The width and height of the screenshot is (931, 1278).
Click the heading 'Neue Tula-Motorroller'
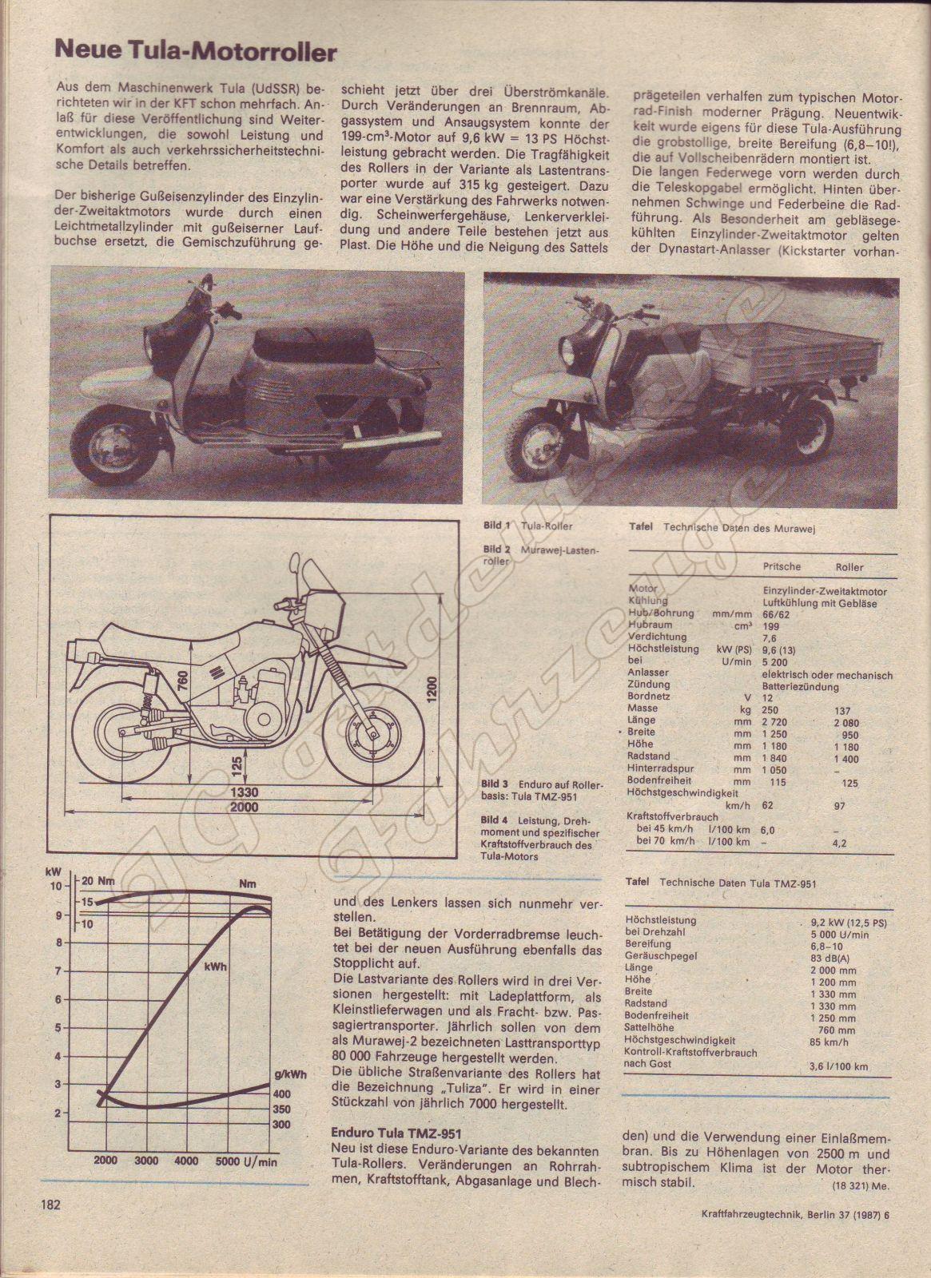pos(196,53)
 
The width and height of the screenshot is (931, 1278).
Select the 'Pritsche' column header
pos(782,566)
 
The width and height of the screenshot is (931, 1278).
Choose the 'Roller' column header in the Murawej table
pos(849,566)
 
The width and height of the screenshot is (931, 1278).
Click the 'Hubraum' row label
pos(650,625)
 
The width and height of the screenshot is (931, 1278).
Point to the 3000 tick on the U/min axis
pos(145,1160)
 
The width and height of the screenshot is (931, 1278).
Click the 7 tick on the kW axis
pos(56,971)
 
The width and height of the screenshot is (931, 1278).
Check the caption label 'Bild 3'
pos(495,784)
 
